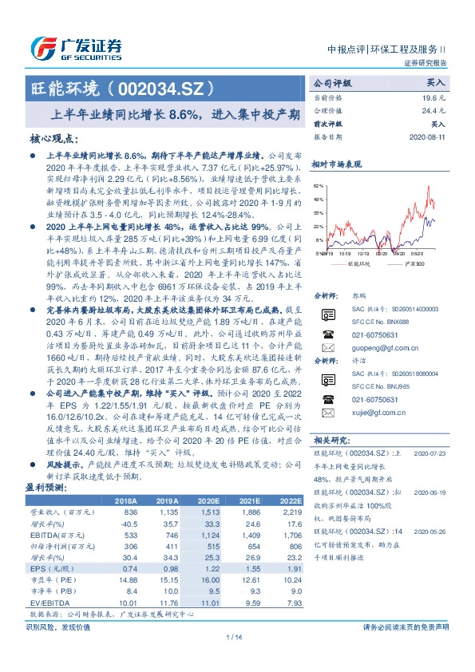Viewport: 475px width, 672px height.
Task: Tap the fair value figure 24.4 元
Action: tap(434, 110)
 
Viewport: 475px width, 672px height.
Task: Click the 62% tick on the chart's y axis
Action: tap(319, 184)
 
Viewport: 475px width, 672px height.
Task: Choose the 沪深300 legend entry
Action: tap(399, 262)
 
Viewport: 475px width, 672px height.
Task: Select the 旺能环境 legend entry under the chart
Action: tap(349, 262)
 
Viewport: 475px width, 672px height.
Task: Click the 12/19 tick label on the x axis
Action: tap(362, 254)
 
